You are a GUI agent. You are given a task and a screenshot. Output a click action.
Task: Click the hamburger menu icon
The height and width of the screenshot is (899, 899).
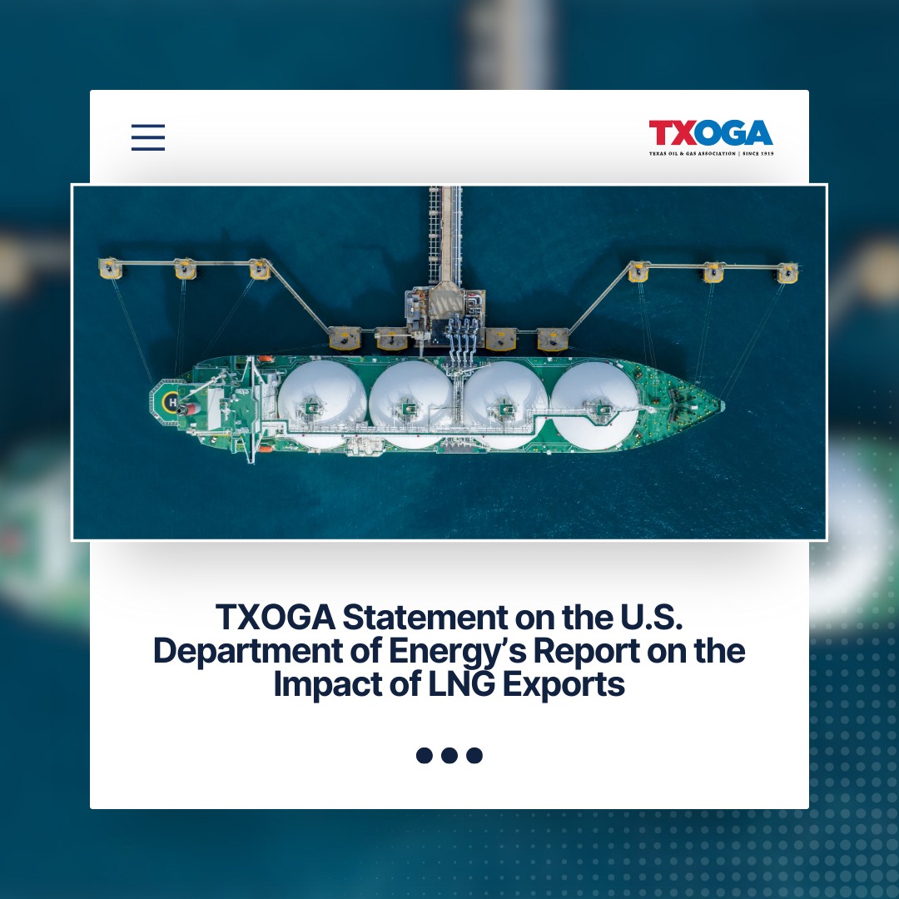148,137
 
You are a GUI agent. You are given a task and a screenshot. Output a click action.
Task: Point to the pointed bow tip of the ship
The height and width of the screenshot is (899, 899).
722,405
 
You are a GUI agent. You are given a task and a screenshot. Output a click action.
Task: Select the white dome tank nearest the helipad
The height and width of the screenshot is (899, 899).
322,403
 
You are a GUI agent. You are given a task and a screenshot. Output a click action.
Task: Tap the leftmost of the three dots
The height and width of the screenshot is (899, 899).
425,755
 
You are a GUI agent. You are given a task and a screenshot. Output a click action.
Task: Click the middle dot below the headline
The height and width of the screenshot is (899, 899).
449,755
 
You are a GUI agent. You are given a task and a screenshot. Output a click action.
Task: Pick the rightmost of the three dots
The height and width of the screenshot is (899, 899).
474,755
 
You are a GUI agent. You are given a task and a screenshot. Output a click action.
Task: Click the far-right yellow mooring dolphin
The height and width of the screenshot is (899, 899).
787,272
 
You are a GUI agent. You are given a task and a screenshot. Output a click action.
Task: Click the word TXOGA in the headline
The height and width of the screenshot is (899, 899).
275,618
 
